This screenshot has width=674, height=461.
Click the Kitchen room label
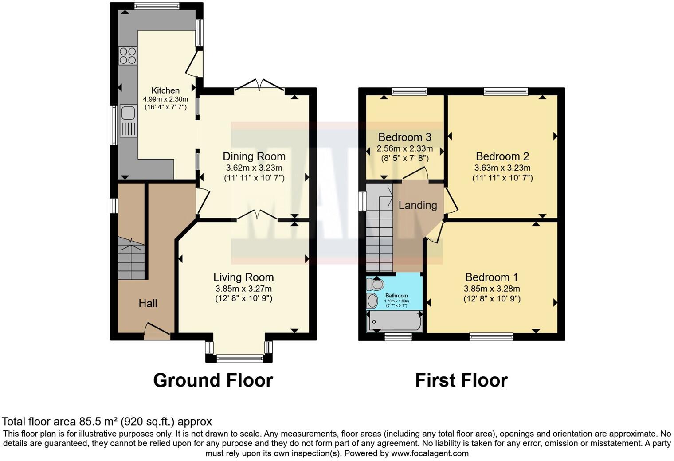coord(165,90)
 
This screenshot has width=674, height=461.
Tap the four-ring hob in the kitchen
coord(128,56)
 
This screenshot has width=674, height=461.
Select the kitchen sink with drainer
coord(128,121)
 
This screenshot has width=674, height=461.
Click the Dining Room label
coord(254,156)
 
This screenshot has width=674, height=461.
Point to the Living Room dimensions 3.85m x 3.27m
coord(243,289)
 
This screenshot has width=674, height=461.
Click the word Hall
coord(148,304)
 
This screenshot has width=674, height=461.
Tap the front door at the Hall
coord(157,332)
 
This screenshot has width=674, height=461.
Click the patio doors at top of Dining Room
coord(259,85)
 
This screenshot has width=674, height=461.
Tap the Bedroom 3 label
coord(404,137)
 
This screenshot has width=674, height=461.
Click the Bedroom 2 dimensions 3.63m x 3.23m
coord(502,168)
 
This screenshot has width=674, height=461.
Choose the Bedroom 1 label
coord(491,277)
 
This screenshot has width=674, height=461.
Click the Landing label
coord(417,205)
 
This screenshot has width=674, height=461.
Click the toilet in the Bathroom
coord(376,283)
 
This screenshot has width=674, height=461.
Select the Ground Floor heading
coord(213,380)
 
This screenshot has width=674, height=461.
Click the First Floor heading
coord(461,380)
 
